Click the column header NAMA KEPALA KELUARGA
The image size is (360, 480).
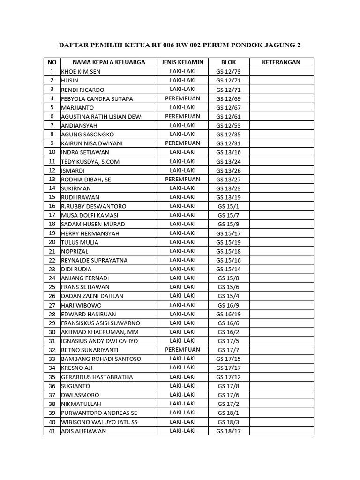point(108,62)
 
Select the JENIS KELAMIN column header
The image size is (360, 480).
point(182,62)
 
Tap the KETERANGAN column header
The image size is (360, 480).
point(281,62)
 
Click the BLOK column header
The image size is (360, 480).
point(228,62)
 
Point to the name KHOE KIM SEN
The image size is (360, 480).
point(81,72)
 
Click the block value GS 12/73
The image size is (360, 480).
point(228,72)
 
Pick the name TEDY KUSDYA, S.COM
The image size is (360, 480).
point(90,162)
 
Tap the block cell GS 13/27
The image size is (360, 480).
point(228,180)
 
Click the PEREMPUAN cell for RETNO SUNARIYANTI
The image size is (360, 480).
point(182,350)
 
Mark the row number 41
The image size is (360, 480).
point(52,431)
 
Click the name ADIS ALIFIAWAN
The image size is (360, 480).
point(84,431)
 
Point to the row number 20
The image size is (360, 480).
point(52,242)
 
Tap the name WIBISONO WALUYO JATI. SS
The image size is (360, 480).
point(99,422)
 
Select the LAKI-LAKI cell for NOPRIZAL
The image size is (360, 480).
point(182,251)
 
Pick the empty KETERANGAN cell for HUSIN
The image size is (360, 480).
point(281,81)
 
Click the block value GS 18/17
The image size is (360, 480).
point(228,431)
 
